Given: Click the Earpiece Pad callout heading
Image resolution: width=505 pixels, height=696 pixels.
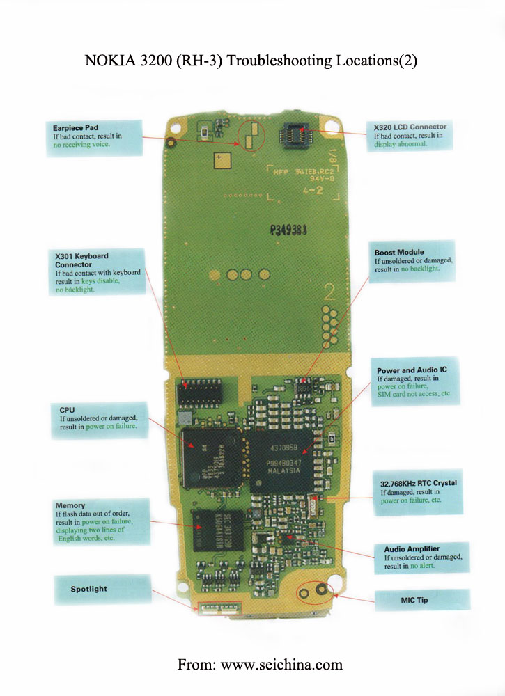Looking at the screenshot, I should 75,128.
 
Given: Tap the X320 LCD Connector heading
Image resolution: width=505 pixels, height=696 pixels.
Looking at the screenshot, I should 410,127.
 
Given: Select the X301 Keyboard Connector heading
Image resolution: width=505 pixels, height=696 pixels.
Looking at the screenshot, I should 81,260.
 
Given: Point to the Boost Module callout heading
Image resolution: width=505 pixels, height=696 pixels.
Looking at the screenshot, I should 399,252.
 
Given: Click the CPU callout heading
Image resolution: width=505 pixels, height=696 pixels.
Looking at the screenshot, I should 66,410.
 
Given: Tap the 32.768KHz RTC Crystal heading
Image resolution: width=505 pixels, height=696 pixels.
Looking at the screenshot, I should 418,482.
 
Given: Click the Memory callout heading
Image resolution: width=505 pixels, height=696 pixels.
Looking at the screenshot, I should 70,505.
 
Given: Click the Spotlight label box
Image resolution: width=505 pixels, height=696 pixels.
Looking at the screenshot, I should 89,589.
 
